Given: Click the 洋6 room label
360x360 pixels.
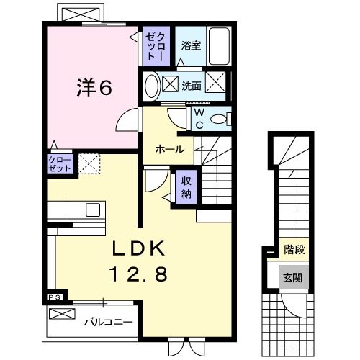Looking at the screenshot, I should [93, 88].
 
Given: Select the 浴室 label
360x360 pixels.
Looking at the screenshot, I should [191, 45].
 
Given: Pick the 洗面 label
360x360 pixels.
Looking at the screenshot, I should [191, 86].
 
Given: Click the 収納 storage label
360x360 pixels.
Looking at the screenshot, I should [185, 186].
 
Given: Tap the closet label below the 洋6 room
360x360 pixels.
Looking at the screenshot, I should [60, 163].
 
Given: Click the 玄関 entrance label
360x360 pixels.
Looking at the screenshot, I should [292, 277].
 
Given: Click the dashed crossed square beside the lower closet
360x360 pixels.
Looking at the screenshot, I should [89, 164].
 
